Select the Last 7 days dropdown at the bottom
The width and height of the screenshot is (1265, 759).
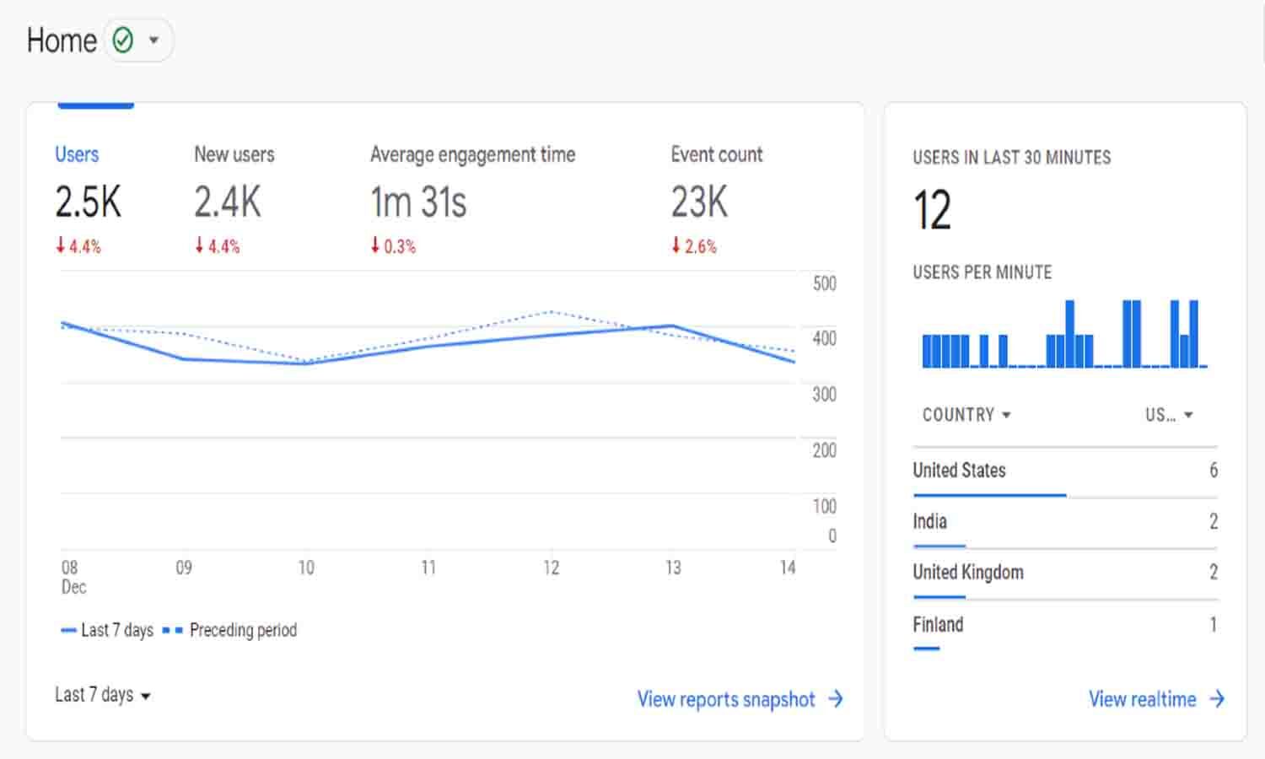[102, 695]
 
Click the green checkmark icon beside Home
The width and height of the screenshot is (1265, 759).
[123, 40]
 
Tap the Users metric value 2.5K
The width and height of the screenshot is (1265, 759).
[88, 202]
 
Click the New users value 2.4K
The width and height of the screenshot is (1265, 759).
[227, 202]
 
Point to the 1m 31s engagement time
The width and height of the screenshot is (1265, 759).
[418, 202]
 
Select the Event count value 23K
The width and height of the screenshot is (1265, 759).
[699, 202]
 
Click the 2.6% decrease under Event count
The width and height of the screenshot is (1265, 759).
[694, 246]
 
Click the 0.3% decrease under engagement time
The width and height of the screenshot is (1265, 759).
[393, 246]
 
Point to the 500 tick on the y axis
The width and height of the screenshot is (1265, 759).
[824, 283]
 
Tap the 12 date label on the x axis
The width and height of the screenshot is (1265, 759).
[551, 568]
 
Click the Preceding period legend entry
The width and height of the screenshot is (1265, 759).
[242, 630]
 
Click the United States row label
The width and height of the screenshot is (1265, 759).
[959, 471]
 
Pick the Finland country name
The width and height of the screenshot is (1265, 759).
[938, 625]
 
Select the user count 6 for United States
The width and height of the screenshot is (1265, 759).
[1213, 471]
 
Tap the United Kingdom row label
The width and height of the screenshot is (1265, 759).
[967, 573]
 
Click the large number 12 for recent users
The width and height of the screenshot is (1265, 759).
[932, 210]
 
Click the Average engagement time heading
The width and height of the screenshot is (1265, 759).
[472, 154]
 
